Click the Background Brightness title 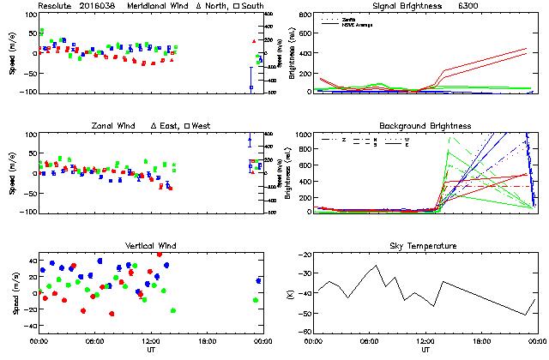pyautogui.click(x=425, y=126)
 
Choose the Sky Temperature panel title pyautogui.click(x=425, y=246)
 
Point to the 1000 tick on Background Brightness pyautogui.click(x=305, y=135)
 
